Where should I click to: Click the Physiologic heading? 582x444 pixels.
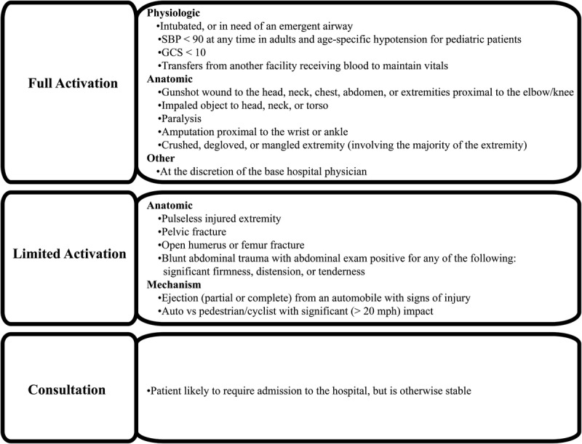(x=173, y=14)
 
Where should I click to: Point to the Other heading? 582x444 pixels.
(x=161, y=157)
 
